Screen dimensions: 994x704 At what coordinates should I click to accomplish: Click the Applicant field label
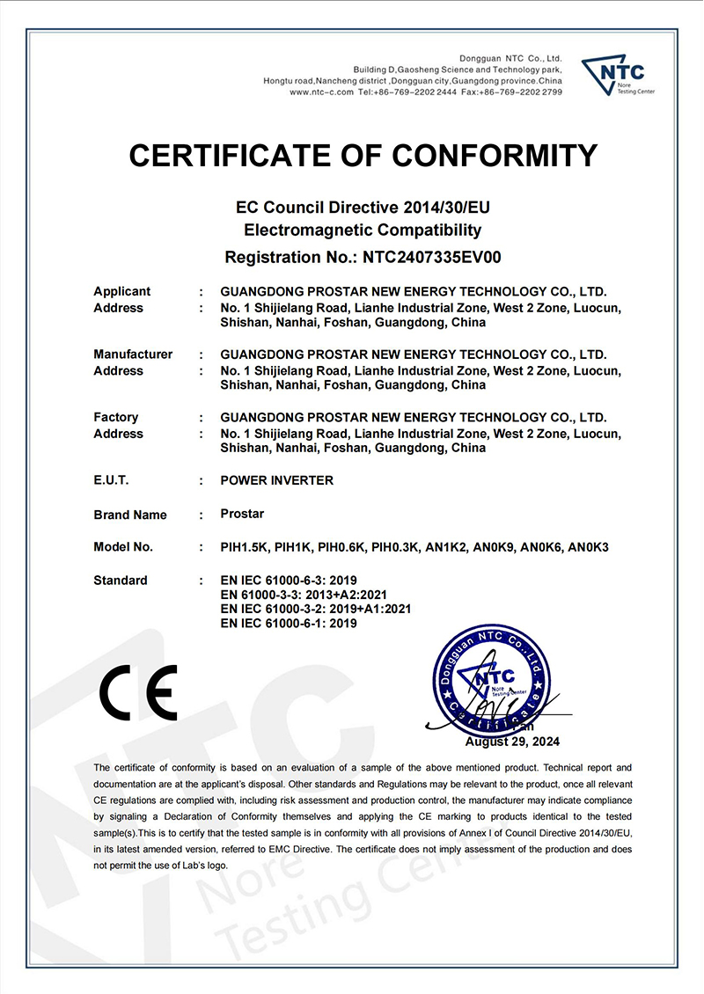pyautogui.click(x=121, y=291)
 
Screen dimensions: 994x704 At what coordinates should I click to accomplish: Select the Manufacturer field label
pyautogui.click(x=133, y=354)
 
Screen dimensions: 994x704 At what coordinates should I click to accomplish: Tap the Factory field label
pyautogui.click(x=115, y=417)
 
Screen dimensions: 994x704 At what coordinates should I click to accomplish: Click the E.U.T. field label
pyautogui.click(x=111, y=480)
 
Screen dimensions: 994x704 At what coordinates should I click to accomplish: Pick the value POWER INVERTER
pyautogui.click(x=277, y=480)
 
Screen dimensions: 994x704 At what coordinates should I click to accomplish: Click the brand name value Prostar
pyautogui.click(x=242, y=514)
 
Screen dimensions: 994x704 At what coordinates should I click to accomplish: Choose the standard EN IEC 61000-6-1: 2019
pyautogui.click(x=289, y=623)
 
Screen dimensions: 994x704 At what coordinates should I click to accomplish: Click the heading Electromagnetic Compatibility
pyautogui.click(x=363, y=230)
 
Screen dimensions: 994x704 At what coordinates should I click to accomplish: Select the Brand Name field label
pyautogui.click(x=130, y=515)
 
